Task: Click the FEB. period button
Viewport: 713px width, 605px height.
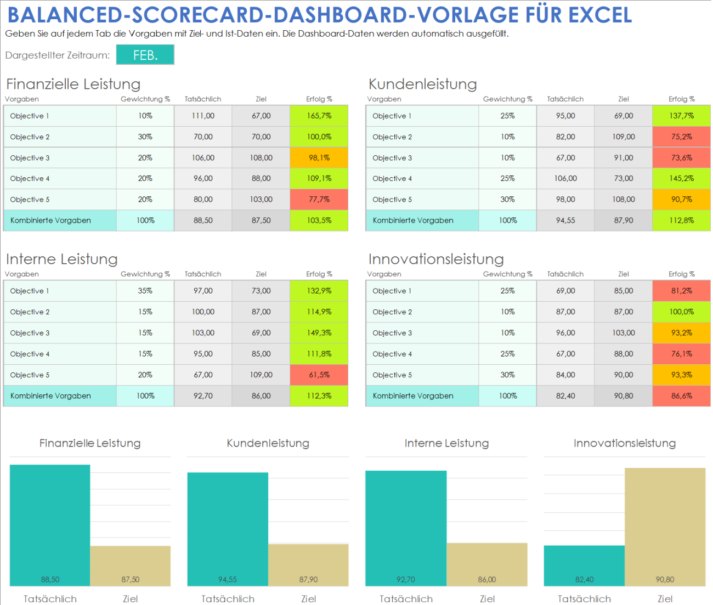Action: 145,55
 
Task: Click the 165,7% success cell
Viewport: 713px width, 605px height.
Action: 319,116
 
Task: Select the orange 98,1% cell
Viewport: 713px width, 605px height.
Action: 319,158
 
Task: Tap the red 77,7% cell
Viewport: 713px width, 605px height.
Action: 319,200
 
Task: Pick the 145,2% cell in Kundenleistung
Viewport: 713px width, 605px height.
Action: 681,179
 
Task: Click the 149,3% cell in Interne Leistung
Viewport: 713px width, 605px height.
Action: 319,333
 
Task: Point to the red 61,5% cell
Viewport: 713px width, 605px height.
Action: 319,375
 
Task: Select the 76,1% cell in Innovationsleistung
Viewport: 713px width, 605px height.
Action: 681,354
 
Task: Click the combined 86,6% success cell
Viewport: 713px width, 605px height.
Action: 681,396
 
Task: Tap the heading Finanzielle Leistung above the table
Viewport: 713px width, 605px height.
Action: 73,84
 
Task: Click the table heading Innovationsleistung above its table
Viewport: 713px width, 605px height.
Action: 436,259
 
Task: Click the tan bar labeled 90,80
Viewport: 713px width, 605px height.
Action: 665,527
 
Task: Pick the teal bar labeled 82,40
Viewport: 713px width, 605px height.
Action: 584,566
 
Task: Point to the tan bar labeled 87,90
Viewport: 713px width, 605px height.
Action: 308,565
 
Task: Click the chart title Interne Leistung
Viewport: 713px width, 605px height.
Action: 446,443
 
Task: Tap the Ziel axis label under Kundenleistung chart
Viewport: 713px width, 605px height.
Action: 308,599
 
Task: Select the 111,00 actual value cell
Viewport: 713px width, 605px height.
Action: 203,116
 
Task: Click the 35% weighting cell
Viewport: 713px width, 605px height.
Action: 145,291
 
